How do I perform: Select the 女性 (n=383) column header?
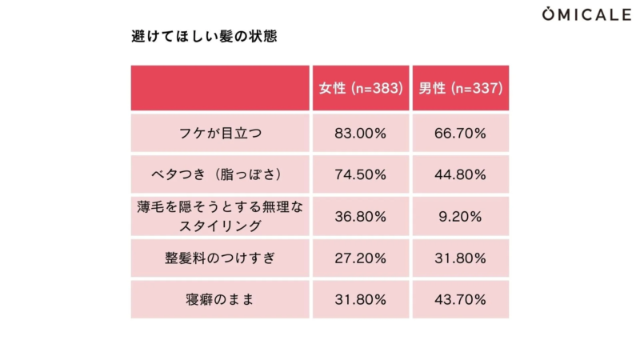[x=360, y=88]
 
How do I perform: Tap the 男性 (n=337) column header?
[x=461, y=88]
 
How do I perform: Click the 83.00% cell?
[x=360, y=133]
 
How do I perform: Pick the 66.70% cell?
[x=461, y=133]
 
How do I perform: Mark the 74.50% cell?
[x=360, y=174]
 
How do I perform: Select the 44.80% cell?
[x=461, y=174]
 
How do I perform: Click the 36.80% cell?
[x=360, y=216]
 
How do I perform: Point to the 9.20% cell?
[x=461, y=216]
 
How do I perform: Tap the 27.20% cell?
[x=360, y=258]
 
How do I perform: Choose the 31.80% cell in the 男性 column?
[x=461, y=258]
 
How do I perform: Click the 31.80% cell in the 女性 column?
[x=360, y=300]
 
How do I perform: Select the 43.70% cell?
[x=461, y=300]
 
